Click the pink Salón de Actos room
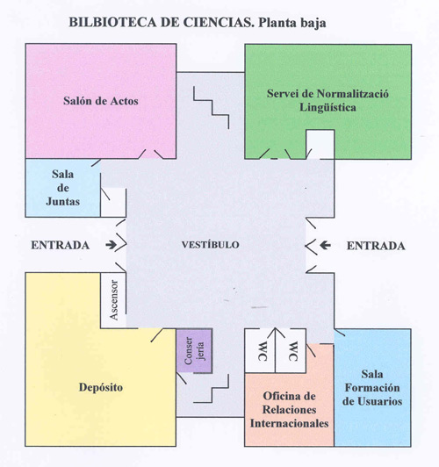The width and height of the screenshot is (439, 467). (x=101, y=101)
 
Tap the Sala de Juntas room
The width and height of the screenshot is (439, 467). (x=63, y=188)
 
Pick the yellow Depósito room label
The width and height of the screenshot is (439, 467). (x=101, y=387)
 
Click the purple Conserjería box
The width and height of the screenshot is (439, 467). (x=194, y=350)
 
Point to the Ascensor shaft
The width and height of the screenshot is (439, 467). (x=113, y=300)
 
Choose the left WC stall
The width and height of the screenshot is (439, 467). (x=260, y=351)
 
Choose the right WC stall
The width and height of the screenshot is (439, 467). (x=291, y=351)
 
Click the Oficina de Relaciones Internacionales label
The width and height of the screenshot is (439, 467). (x=289, y=410)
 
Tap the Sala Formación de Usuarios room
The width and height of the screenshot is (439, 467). (x=372, y=387)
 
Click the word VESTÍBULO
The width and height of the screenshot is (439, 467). (x=211, y=245)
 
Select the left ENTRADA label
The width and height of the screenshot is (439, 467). (x=61, y=245)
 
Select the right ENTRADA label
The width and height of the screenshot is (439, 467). (x=376, y=246)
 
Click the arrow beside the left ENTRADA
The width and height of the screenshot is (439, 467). (x=112, y=245)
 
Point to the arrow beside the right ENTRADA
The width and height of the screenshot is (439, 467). (x=326, y=246)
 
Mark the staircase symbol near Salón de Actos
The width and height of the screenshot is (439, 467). (x=212, y=108)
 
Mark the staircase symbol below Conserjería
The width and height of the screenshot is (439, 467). (x=212, y=388)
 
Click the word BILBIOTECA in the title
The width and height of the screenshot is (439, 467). (x=113, y=22)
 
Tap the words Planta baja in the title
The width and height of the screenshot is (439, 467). (x=291, y=23)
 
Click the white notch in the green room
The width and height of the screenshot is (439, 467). (x=320, y=144)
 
